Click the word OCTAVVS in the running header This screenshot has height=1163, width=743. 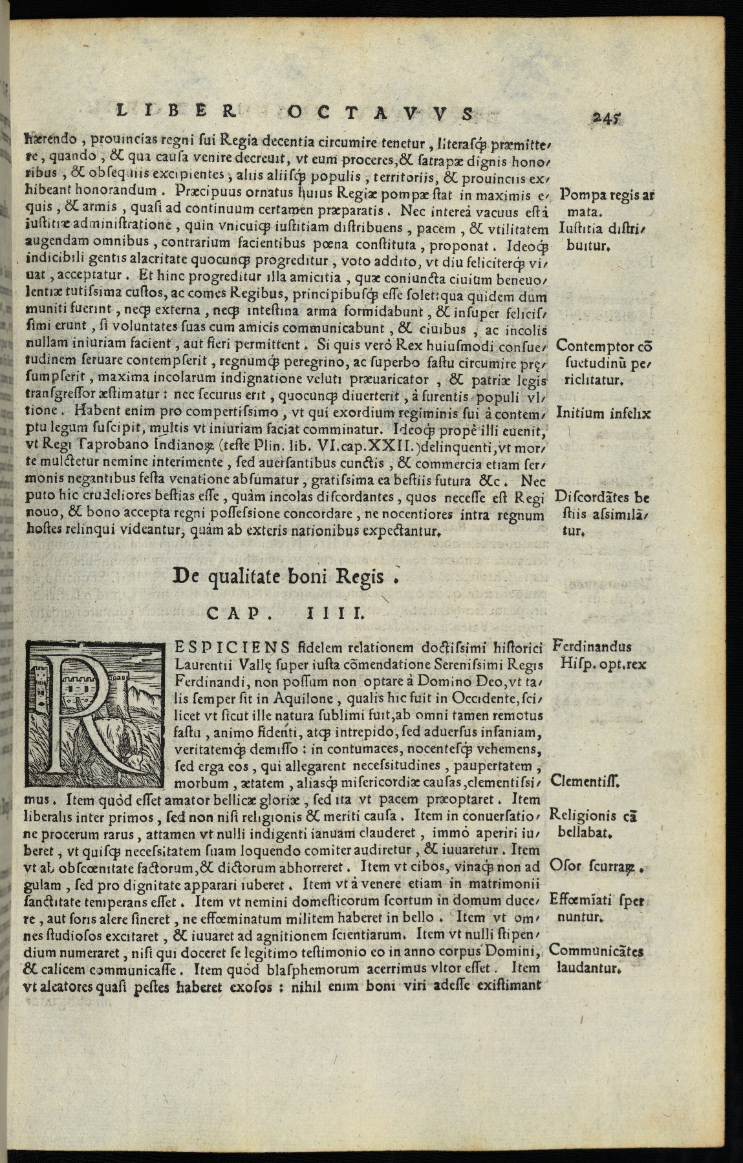click(377, 113)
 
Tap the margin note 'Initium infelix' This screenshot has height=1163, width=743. click(603, 414)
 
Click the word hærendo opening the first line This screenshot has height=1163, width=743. click(50, 138)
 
